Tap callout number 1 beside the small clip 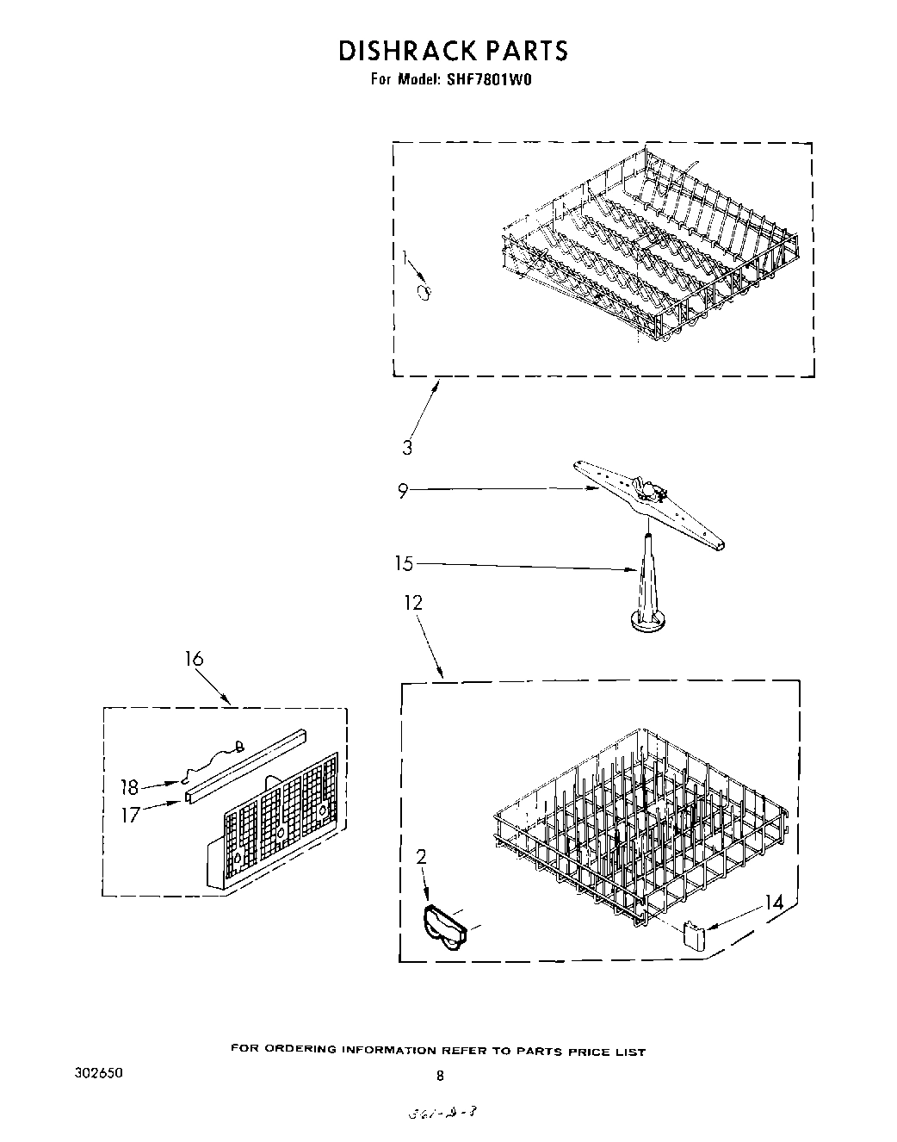(x=405, y=258)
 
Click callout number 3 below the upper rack (x=407, y=448)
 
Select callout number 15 (x=404, y=564)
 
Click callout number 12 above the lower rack (x=414, y=603)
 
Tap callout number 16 (x=194, y=659)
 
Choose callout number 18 (x=129, y=787)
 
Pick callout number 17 (x=129, y=815)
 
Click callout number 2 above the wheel (x=421, y=857)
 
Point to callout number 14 (x=773, y=903)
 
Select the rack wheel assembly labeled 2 (x=445, y=928)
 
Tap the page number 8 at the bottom (x=440, y=1075)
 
